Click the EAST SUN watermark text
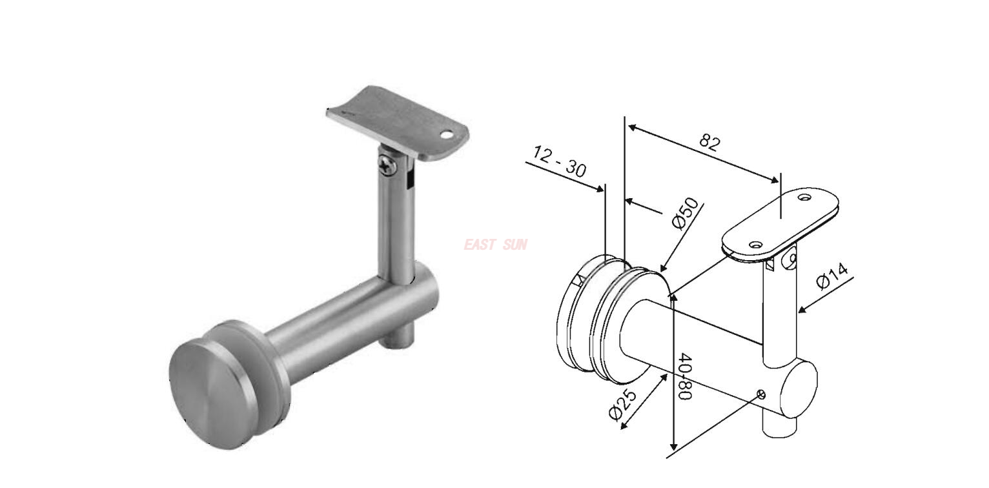[495, 245]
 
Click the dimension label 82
[709, 142]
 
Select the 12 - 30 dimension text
[560, 161]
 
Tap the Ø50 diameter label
[686, 213]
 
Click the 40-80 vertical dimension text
[685, 376]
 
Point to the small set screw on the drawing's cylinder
[762, 395]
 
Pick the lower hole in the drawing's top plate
[753, 245]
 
